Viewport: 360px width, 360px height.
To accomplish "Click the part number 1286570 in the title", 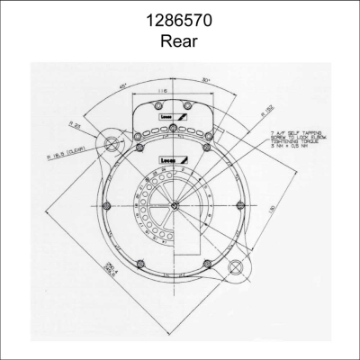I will pos(180,19).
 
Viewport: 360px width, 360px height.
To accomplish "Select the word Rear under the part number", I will pos(180,40).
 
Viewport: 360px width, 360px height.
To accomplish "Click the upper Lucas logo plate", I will pos(171,118).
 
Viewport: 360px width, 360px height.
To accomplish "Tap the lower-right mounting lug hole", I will pos(238,267).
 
